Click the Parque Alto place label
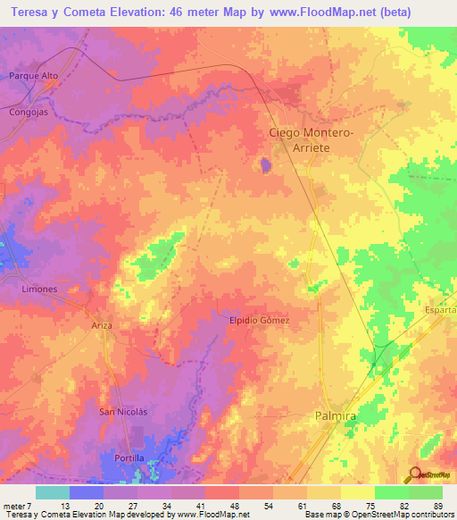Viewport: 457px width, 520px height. click(x=33, y=76)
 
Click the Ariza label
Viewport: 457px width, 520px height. click(x=102, y=325)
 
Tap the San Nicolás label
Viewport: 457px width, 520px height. click(x=122, y=411)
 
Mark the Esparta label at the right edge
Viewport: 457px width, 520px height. click(x=441, y=308)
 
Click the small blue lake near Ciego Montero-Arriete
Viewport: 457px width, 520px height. click(x=265, y=164)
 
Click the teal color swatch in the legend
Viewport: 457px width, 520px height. click(x=53, y=491)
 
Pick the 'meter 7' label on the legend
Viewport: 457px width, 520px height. click(x=17, y=504)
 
